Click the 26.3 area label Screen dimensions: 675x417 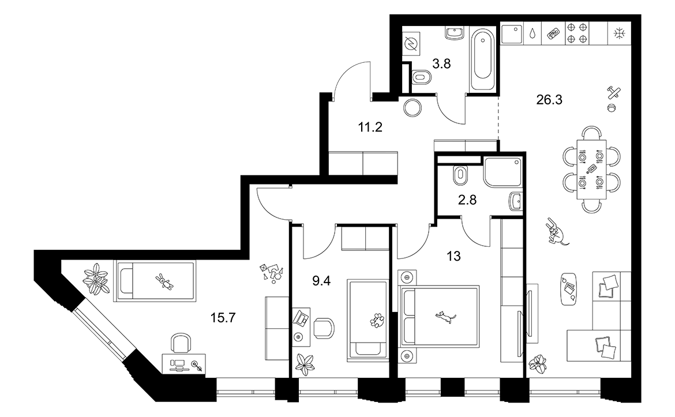click(x=549, y=100)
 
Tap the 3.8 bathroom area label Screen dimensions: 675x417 click(x=441, y=63)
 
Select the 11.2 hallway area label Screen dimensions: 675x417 click(x=370, y=127)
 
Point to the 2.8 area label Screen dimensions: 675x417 click(x=467, y=200)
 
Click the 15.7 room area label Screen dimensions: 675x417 click(x=223, y=318)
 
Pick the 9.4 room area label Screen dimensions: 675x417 click(x=321, y=281)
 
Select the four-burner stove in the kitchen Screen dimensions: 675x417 click(x=577, y=33)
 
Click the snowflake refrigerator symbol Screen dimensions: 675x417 click(x=620, y=33)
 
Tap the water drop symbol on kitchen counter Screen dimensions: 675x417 click(x=533, y=33)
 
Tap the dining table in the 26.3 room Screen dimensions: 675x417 click(x=591, y=169)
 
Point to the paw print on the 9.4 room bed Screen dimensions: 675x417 click(x=377, y=320)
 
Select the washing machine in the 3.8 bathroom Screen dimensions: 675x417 click(x=411, y=45)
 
